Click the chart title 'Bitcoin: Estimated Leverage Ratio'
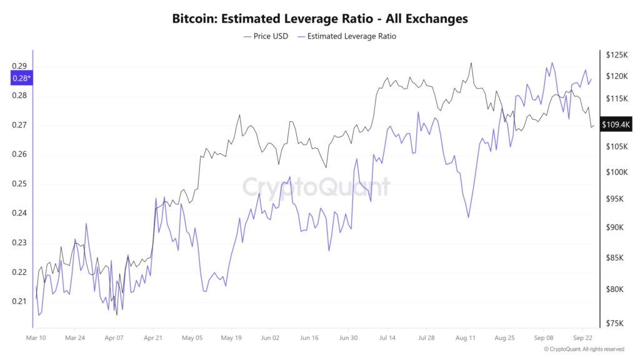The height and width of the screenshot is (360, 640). tap(319, 19)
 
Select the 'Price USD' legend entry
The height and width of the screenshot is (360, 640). tap(266, 36)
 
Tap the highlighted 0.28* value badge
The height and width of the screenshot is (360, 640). tap(22, 78)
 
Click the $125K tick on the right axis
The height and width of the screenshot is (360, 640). tap(616, 56)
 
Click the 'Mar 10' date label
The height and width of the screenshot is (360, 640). tap(36, 337)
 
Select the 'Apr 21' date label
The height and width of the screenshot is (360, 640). tap(153, 337)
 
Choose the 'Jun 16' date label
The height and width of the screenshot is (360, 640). tap(309, 337)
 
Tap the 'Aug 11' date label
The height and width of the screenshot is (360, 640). tap(466, 337)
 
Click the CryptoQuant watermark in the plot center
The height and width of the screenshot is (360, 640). tap(316, 186)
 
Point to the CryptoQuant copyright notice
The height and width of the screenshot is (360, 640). tap(584, 349)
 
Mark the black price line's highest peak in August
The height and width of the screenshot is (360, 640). tap(471, 62)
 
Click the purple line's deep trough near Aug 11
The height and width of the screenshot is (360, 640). tap(468, 217)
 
